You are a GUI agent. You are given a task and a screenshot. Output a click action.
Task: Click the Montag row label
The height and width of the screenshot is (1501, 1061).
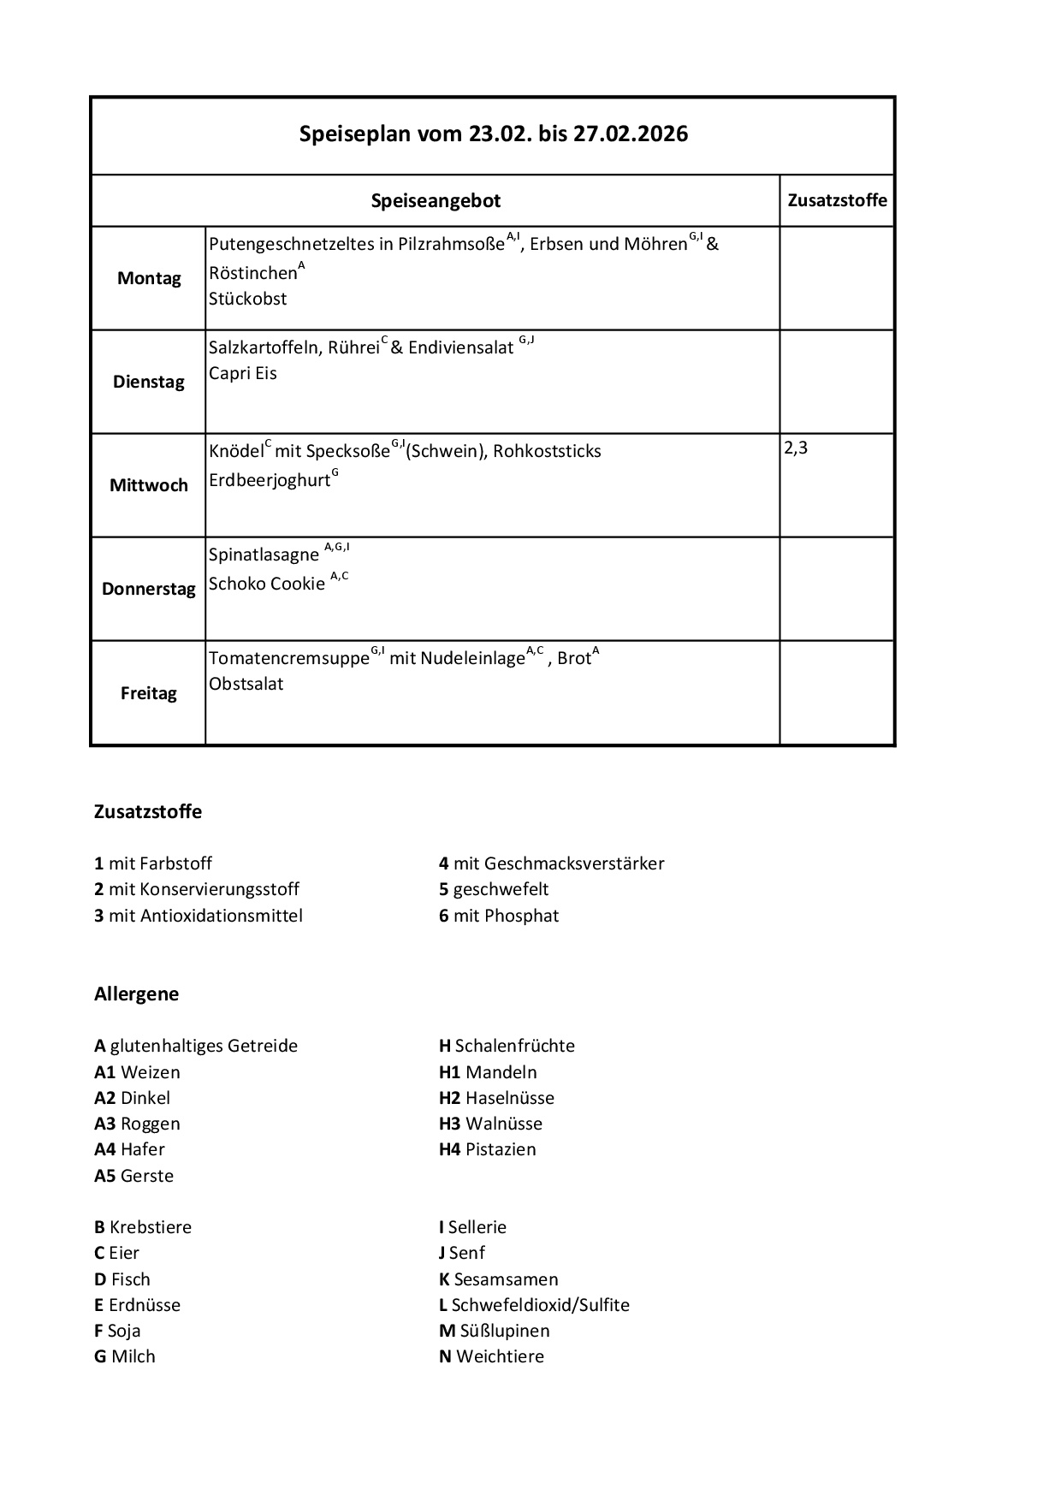149,278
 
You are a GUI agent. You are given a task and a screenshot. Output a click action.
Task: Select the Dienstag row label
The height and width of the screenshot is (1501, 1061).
149,382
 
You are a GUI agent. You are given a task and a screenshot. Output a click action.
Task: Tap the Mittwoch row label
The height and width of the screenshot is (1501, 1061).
149,485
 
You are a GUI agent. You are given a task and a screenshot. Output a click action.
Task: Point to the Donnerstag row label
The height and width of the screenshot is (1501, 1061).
149,589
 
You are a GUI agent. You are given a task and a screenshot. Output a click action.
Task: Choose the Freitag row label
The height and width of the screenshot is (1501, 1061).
149,693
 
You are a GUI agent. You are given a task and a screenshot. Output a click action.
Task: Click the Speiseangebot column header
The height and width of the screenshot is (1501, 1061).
436,201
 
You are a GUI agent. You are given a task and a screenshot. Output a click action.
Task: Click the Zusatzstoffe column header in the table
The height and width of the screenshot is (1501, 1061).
837,200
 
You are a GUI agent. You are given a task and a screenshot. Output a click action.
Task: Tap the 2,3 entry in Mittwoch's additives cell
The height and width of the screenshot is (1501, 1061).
796,448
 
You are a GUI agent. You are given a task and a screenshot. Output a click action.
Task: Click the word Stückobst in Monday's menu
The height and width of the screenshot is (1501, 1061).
248,299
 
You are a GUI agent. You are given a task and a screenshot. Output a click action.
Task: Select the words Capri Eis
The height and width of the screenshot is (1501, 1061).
243,373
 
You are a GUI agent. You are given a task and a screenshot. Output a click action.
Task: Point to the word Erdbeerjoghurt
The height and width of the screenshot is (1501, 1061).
270,480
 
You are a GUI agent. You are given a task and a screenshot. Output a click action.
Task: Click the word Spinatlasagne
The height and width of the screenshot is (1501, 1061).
264,555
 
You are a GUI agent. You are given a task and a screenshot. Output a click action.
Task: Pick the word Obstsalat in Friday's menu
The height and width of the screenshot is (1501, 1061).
246,684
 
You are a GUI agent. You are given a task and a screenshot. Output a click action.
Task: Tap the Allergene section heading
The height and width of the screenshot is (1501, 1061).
137,994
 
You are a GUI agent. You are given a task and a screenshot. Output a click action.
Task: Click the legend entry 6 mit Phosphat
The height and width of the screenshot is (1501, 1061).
499,916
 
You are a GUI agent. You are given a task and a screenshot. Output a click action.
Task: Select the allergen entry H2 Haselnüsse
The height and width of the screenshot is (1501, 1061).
496,1098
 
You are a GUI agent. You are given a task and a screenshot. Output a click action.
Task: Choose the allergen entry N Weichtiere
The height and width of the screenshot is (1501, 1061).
491,1356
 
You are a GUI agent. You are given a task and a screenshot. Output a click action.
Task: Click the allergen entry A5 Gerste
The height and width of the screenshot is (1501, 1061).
133,1176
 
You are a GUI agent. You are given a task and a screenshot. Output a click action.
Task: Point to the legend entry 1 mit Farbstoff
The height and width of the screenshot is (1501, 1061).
153,863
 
